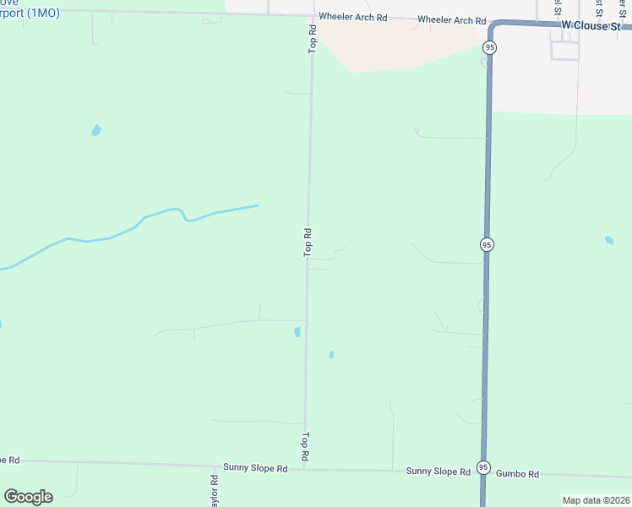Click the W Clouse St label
(x=596, y=26)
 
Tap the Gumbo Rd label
(x=517, y=475)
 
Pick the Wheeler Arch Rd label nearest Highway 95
(x=452, y=20)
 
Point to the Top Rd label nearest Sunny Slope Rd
(x=305, y=447)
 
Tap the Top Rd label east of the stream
(x=308, y=243)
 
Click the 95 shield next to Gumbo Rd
(x=483, y=467)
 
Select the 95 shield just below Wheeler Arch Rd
(x=490, y=47)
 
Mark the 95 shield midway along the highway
(x=486, y=244)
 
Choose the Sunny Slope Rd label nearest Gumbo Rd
(x=438, y=472)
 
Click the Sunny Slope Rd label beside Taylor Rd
(x=255, y=467)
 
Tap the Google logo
(x=28, y=497)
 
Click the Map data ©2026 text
(x=595, y=500)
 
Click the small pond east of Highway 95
(x=609, y=241)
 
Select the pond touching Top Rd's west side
(x=297, y=331)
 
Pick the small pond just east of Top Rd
(x=331, y=355)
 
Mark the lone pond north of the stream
(x=96, y=130)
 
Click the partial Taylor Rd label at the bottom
(x=215, y=490)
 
